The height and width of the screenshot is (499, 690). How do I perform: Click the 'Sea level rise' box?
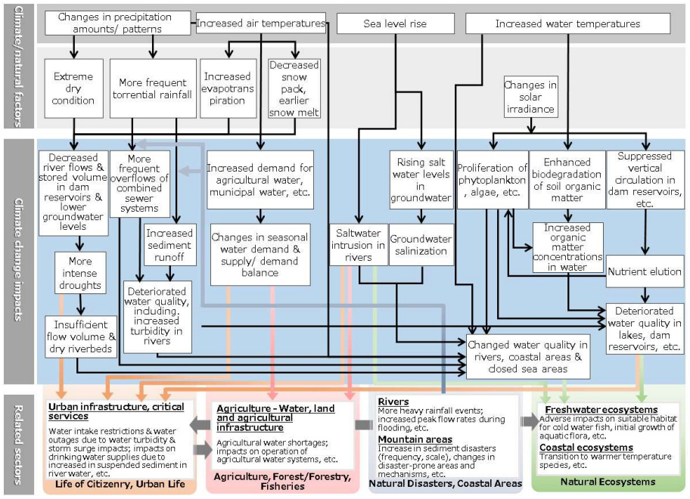[395, 23]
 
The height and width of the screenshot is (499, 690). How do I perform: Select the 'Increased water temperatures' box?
[567, 23]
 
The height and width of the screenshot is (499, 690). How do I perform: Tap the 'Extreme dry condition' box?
[73, 88]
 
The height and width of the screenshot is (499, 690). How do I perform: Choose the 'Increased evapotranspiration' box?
[227, 88]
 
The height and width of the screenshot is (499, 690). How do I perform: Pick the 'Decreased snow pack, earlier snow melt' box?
[294, 88]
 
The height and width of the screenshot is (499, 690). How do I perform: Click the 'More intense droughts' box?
[79, 273]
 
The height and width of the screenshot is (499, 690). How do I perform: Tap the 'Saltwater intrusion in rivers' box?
[359, 245]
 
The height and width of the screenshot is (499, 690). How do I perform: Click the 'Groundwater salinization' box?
[420, 245]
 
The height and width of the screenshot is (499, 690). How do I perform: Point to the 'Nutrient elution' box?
[644, 271]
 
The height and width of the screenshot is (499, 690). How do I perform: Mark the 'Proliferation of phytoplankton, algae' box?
[493, 180]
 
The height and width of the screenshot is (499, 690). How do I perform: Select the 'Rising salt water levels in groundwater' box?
[420, 180]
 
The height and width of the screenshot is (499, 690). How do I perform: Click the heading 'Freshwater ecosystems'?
[601, 409]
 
